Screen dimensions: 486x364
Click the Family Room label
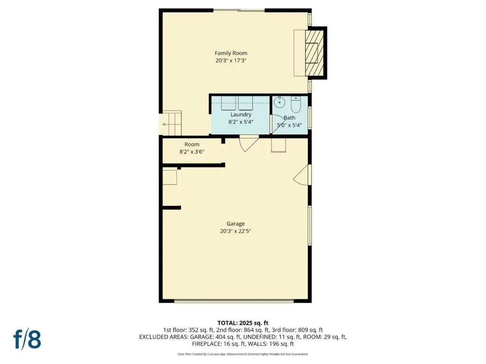231,53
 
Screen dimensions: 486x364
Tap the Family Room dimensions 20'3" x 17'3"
231,61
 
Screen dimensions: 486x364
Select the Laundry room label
241,115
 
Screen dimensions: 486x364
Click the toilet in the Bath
296,104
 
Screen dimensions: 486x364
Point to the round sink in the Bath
279,102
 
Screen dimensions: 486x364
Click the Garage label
235,224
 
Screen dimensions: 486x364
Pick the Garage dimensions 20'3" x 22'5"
235,231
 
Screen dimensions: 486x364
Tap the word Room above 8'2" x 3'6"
192,144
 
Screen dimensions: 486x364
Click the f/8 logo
27,339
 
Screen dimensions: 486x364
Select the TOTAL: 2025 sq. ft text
243,323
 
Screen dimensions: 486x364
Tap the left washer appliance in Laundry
228,103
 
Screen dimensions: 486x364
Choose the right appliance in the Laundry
245,103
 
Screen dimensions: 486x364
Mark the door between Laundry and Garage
249,144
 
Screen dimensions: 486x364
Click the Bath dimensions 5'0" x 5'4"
289,125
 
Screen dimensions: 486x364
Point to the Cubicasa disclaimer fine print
243,354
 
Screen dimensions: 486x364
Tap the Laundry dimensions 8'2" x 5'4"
241,122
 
